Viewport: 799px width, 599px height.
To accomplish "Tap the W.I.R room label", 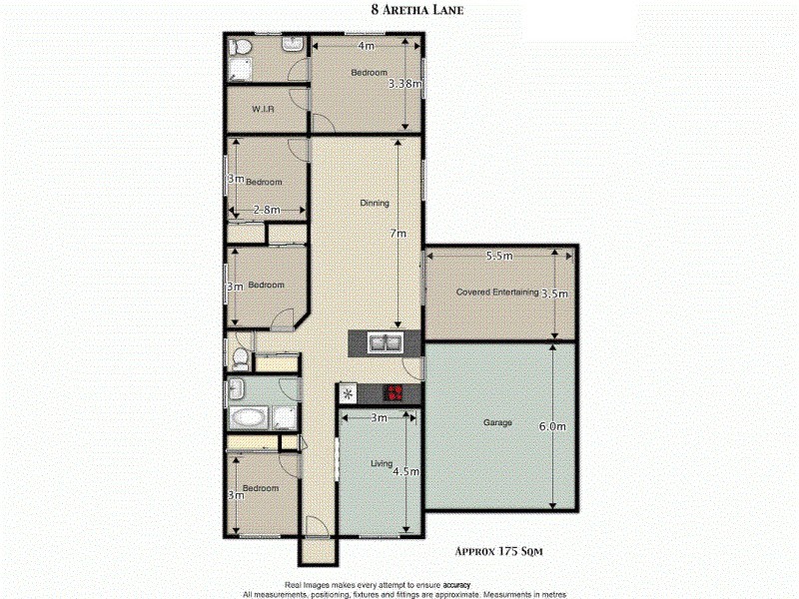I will tap(263, 109).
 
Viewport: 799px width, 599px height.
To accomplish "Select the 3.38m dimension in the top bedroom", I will tap(405, 85).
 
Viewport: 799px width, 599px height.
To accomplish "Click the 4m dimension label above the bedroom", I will tap(366, 46).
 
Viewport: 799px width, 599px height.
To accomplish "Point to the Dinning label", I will tap(375, 204).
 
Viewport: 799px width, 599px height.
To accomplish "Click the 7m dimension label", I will tap(399, 234).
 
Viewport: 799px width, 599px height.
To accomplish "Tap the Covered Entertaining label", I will tap(496, 293).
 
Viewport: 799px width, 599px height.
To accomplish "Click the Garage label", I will tap(497, 422).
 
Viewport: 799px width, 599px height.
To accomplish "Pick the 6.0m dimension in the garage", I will tap(552, 426).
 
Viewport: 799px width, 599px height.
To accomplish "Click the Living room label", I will tap(381, 464).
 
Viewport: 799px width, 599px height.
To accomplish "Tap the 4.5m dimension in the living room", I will tap(403, 473).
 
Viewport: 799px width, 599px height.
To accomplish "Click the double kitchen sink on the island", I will tap(385, 344).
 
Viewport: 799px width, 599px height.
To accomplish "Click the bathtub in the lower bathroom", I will tap(247, 417).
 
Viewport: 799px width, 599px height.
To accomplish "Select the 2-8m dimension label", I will tap(265, 211).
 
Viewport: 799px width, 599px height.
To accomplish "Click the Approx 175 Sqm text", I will tap(498, 550).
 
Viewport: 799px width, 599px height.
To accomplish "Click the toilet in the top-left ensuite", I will tap(239, 47).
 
